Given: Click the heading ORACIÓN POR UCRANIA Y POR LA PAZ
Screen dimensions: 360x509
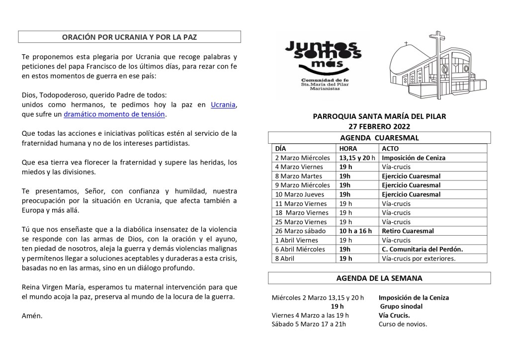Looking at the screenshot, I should point(129,37).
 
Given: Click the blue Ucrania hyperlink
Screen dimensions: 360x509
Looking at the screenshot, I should point(223,104).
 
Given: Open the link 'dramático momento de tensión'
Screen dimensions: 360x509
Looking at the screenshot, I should point(114,114).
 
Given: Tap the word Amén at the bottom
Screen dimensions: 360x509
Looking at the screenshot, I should point(32,316).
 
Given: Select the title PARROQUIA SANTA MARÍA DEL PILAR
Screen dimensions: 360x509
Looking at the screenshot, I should point(379,116).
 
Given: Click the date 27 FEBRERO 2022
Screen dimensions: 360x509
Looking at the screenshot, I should point(379,126).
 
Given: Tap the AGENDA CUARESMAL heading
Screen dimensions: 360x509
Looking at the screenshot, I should point(379,138).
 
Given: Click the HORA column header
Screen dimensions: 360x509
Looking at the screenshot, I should point(347,148).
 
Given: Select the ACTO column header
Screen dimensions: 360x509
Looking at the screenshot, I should point(391,148).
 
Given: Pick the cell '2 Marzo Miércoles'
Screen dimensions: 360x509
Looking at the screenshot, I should point(303,158).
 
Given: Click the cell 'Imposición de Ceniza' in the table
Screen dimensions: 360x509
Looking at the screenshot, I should point(414,158).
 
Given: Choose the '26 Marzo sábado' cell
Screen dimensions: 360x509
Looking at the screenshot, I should point(300,231).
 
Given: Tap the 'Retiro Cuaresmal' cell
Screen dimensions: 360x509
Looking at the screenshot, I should point(408,231).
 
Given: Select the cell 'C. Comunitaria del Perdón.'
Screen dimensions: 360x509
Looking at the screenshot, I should point(422,249).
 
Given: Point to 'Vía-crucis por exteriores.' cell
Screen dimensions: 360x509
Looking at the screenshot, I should point(419,258).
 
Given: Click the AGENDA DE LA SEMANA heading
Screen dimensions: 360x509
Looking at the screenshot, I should point(379,278).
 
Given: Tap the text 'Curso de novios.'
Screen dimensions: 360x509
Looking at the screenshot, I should point(403,324).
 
